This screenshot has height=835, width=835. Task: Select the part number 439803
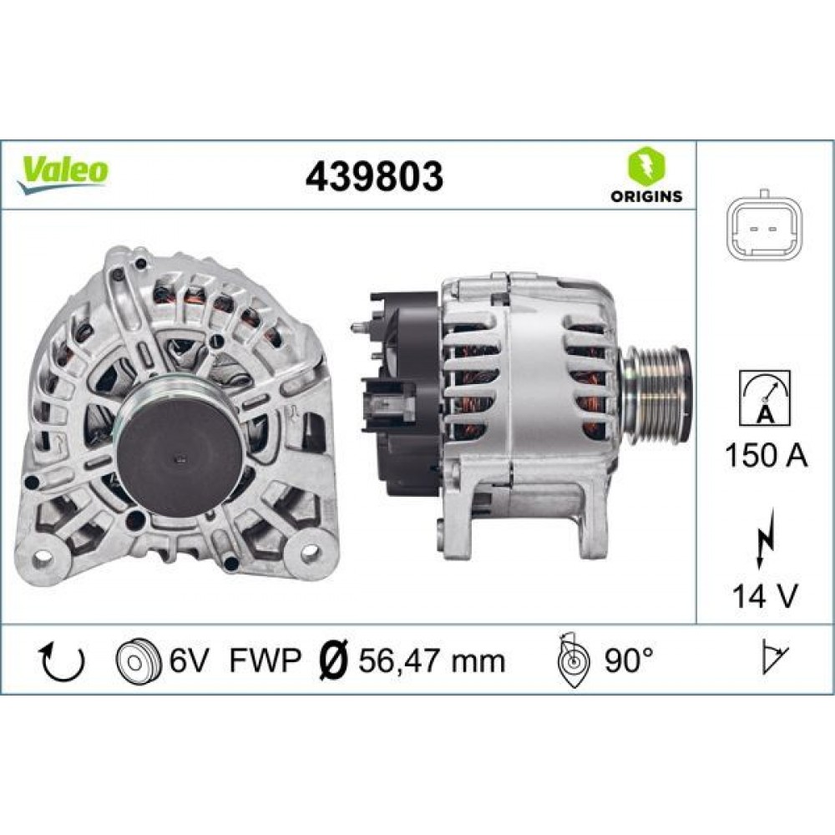(x=374, y=175)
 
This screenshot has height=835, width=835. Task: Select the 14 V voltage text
(x=764, y=597)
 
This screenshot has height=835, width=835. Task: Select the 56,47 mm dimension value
(x=433, y=660)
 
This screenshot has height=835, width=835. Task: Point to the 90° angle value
(x=627, y=660)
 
